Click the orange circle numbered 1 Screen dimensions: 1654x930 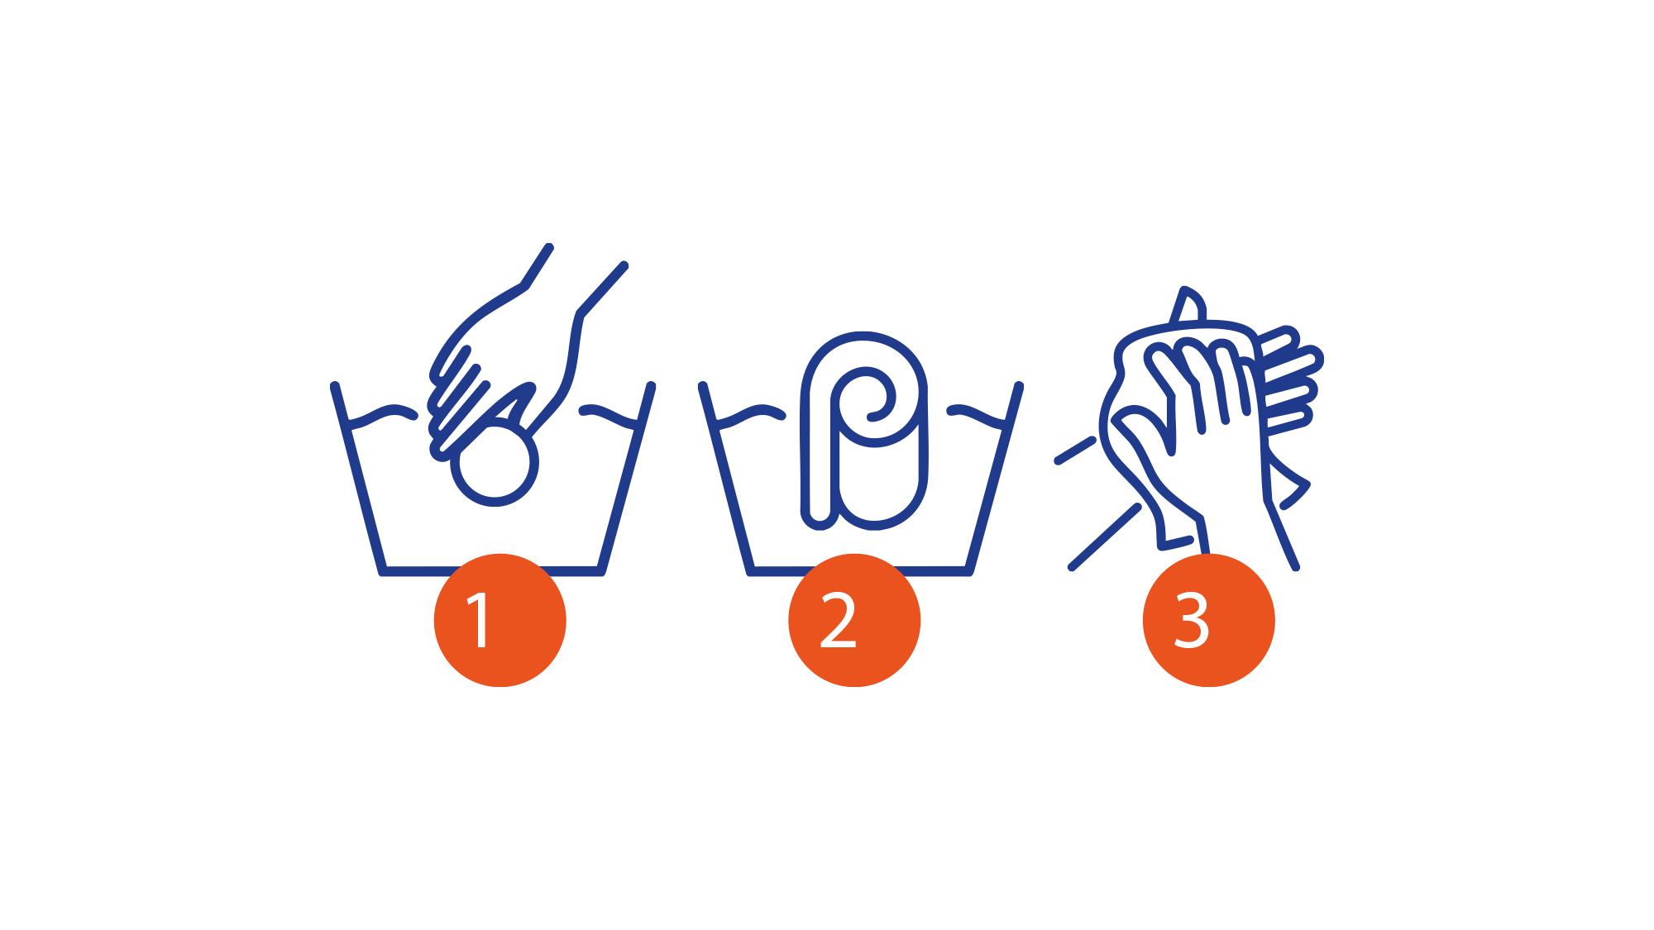click(x=500, y=620)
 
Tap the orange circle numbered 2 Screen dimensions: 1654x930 click(x=854, y=620)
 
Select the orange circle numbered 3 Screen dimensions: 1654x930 click(x=1209, y=620)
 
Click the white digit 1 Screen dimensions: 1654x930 click(x=480, y=620)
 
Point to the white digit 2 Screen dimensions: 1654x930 click(x=838, y=620)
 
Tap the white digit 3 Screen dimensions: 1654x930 click(x=1192, y=620)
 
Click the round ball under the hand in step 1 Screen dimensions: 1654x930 click(x=495, y=464)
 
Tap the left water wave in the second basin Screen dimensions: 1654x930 click(x=751, y=415)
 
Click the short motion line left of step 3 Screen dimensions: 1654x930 click(x=1075, y=451)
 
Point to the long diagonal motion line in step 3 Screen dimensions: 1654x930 click(x=1105, y=537)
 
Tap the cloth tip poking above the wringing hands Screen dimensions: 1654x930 click(x=1188, y=304)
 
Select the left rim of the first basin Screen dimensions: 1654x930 click(x=358, y=478)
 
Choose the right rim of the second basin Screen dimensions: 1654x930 click(x=995, y=478)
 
